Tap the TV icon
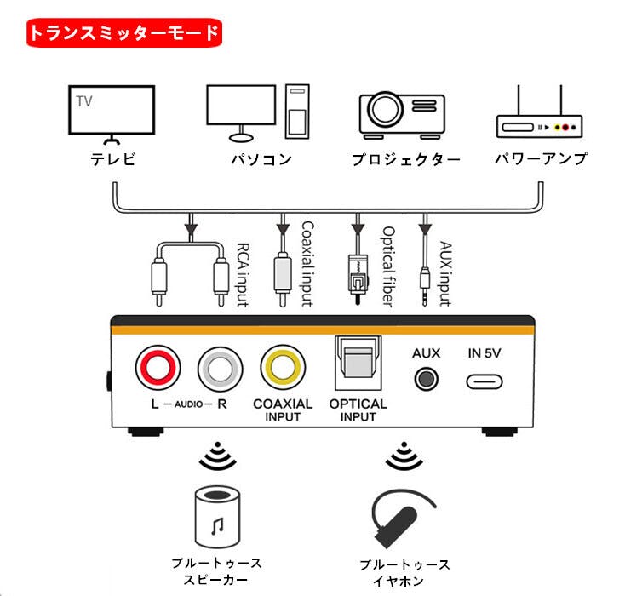111,113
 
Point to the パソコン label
261,159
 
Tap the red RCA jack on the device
158,368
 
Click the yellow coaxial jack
283,368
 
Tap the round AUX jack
426,378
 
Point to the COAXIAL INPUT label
283,410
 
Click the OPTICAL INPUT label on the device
358,410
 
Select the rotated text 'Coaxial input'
307,264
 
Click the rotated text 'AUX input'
444,271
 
